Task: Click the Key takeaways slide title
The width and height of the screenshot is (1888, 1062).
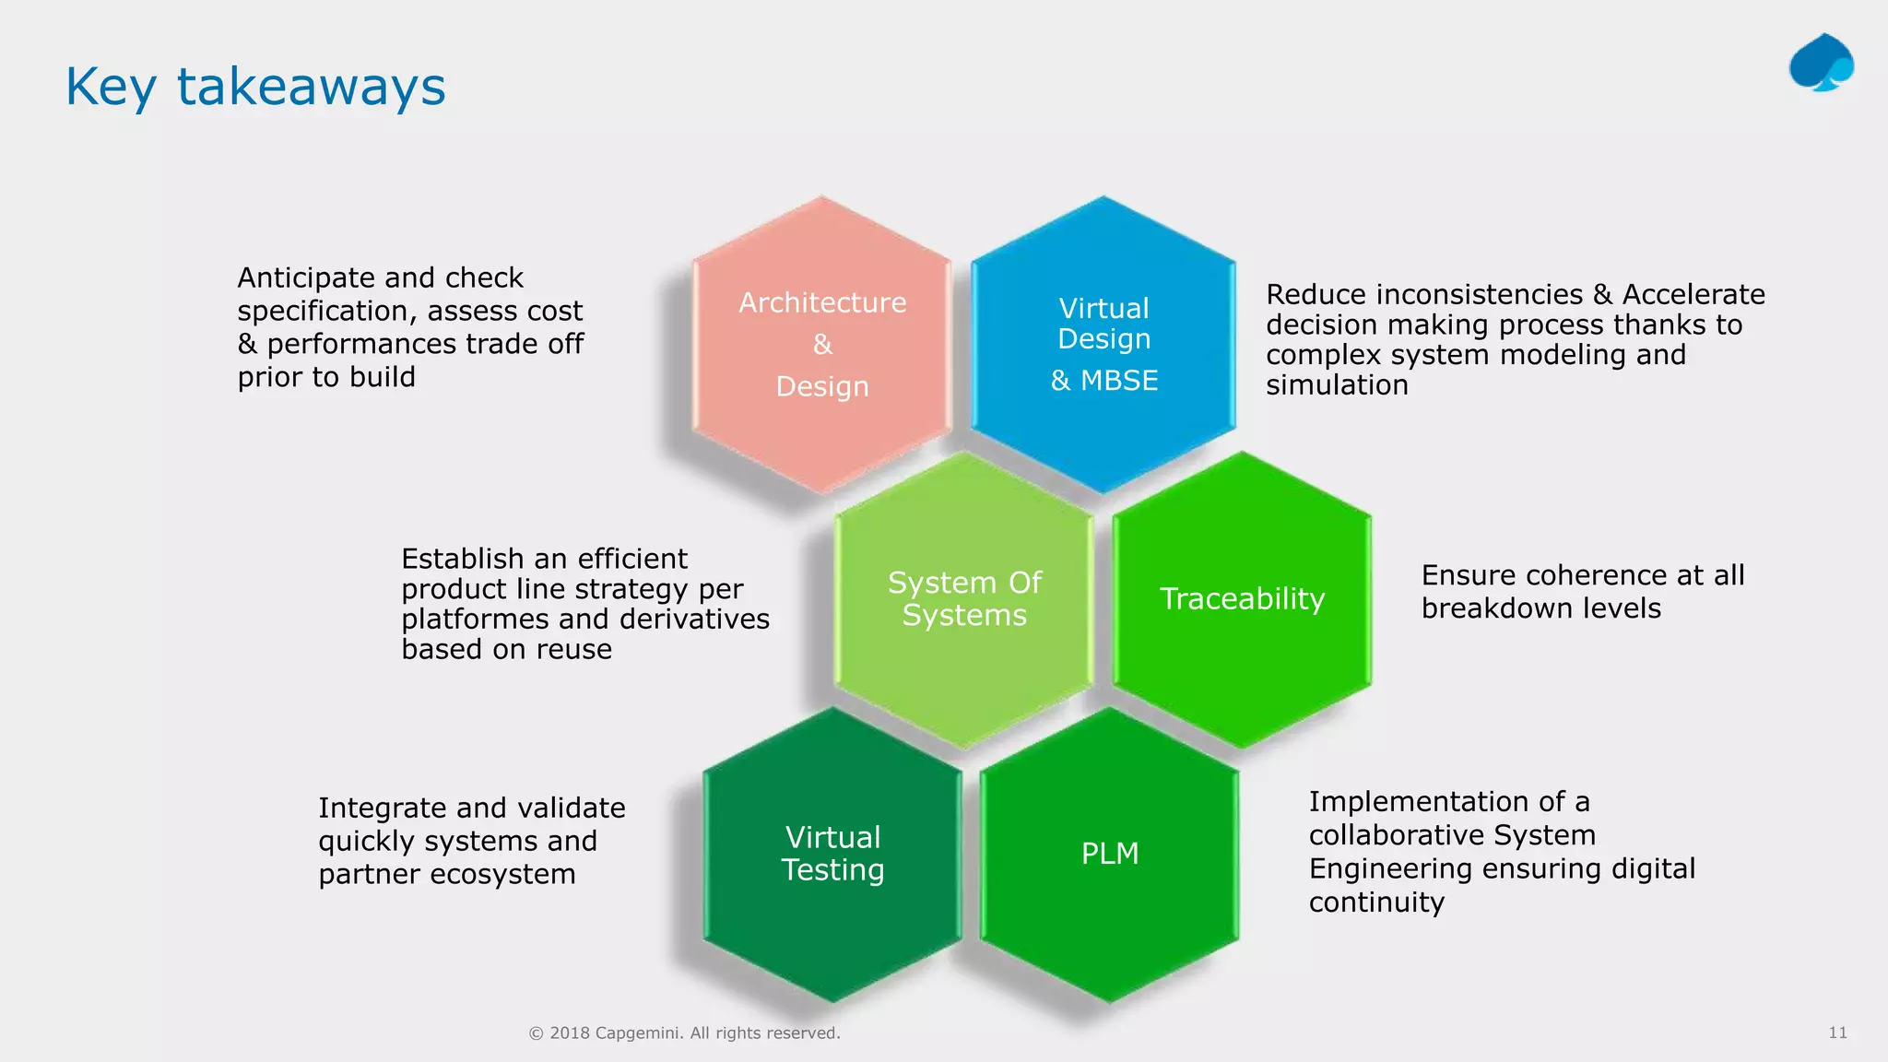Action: [x=255, y=88]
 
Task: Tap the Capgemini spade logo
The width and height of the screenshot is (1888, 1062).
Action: [x=1821, y=63]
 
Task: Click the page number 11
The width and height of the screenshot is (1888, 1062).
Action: [x=1837, y=1032]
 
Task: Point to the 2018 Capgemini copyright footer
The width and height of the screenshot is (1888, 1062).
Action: [x=684, y=1033]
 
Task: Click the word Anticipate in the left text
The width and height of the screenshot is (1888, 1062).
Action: [x=305, y=278]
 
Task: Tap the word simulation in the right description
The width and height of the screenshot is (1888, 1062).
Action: [x=1337, y=385]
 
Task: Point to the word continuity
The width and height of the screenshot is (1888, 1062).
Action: [x=1376, y=902]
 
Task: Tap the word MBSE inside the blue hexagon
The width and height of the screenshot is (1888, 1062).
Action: [x=1119, y=381]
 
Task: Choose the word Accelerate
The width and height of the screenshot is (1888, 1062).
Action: [x=1693, y=295]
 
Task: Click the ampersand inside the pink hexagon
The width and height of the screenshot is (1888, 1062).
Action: [x=822, y=345]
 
